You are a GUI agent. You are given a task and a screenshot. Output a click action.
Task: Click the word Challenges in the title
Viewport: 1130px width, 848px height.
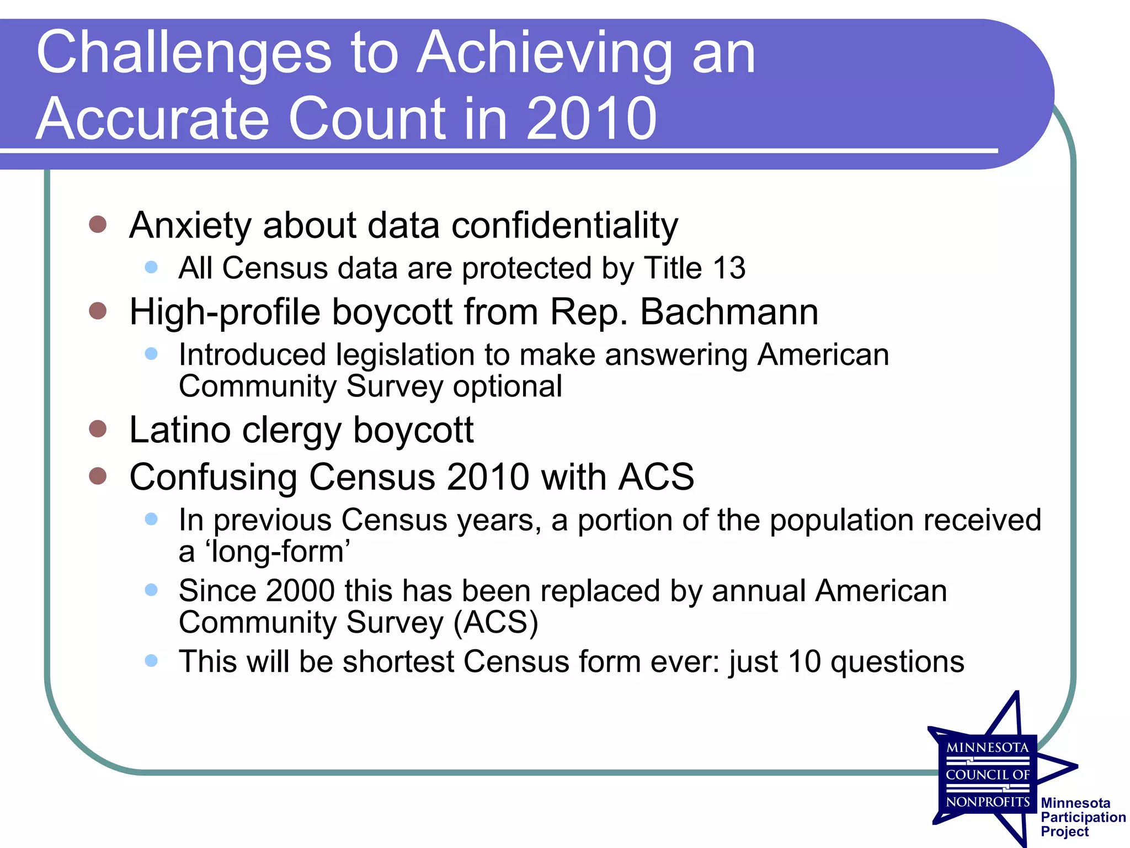184,54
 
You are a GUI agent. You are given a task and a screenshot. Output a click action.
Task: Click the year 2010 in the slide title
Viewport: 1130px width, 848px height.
591,119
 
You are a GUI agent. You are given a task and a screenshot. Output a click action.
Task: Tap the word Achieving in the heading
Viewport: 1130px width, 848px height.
544,54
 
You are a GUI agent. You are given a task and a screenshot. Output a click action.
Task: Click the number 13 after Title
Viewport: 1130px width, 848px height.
729,268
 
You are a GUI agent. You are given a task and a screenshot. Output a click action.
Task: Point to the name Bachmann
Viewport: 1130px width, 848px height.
729,312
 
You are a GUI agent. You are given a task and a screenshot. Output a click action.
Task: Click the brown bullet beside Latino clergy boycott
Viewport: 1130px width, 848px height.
98,429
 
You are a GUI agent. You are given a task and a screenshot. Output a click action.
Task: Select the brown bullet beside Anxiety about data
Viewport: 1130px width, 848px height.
98,224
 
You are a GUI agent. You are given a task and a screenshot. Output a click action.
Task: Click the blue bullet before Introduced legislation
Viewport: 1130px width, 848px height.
151,353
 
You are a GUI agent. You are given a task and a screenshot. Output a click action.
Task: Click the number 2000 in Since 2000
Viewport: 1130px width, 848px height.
300,591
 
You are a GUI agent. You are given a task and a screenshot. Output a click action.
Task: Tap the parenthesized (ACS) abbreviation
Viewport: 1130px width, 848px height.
495,623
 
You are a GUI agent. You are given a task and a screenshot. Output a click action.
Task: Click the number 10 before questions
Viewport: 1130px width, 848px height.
804,661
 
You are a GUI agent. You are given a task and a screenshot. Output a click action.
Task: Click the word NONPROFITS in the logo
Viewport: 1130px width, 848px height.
988,802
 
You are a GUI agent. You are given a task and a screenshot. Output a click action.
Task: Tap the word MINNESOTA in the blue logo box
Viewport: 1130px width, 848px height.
988,748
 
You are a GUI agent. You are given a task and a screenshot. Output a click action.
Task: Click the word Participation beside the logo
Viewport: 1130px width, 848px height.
1083,817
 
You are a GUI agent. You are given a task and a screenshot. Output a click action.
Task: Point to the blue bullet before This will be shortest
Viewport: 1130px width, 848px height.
151,660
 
